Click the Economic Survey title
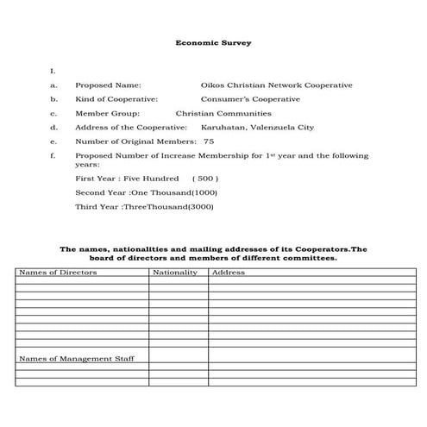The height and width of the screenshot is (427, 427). coord(213,41)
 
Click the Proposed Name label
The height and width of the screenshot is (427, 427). coord(109,85)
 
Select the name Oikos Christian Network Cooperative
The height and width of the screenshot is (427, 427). coord(276,85)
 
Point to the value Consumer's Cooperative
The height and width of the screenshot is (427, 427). coord(250,99)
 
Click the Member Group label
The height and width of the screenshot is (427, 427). coord(107,113)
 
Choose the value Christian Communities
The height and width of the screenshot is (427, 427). coord(223,113)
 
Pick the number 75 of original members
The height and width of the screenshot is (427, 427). coord(209,141)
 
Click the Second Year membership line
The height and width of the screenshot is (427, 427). coord(147,192)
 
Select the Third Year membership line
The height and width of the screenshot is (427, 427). coord(145,207)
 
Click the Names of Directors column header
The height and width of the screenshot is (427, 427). coord(58,273)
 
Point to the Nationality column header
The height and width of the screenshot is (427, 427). coord(174,273)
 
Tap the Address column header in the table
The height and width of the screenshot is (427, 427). coord(229,273)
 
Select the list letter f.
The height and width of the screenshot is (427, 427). coord(53,156)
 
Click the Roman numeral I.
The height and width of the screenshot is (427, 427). coord(53,71)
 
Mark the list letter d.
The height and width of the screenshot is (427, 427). coord(53,128)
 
